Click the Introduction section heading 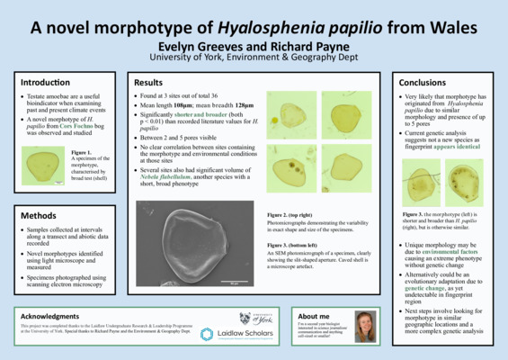pyautogui.click(x=46, y=83)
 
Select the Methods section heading pyautogui.click(x=40, y=217)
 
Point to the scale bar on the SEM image pyautogui.click(x=233, y=283)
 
